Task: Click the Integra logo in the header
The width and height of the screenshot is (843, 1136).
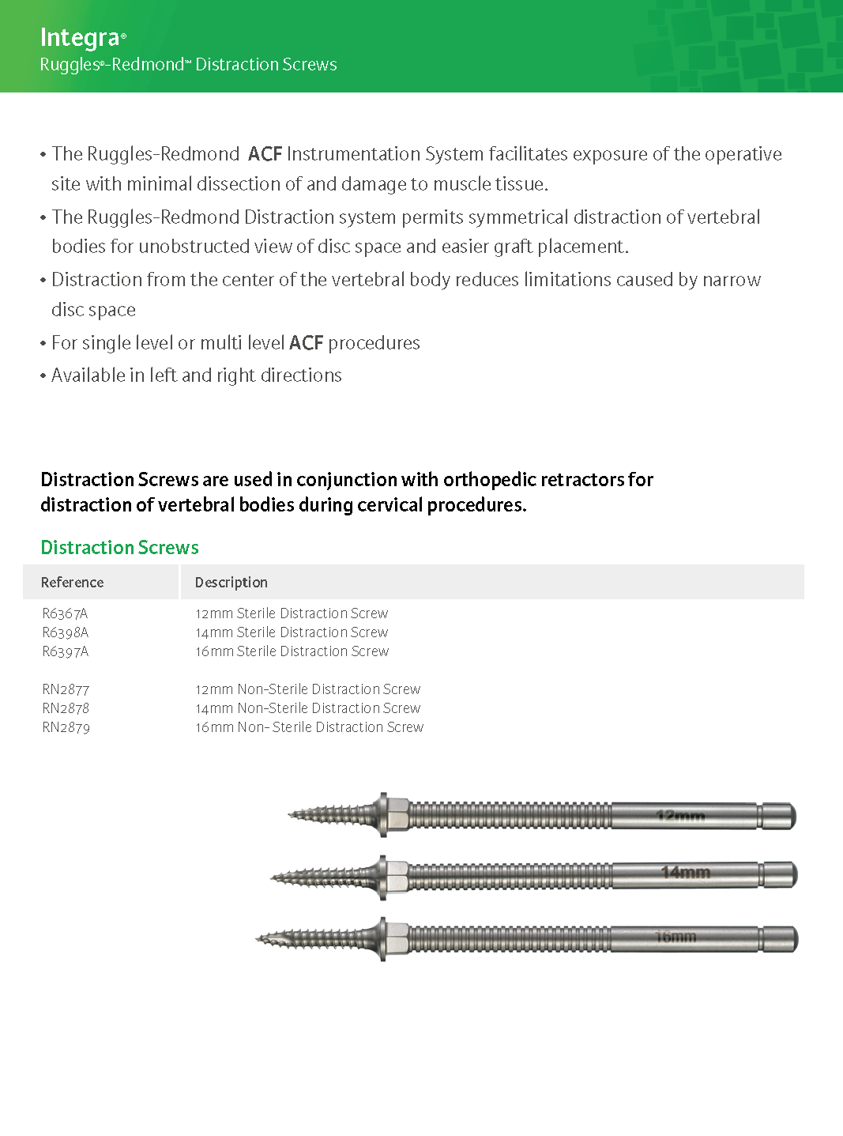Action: (x=81, y=37)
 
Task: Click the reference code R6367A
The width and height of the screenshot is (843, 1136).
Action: (x=65, y=613)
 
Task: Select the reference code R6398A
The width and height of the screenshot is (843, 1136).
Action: (x=65, y=632)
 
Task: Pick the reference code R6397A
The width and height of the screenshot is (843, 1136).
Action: (x=65, y=651)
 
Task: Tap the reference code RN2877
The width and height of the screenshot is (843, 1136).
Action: (x=66, y=689)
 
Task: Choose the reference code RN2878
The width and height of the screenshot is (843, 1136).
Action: (x=66, y=708)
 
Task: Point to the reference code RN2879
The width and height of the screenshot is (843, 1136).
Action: (x=66, y=727)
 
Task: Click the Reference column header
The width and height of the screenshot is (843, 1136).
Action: (x=72, y=583)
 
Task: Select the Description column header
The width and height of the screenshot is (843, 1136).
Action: (x=231, y=583)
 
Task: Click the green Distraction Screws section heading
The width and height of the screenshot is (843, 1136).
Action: (x=119, y=548)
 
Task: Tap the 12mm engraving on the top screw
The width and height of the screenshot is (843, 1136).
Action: (x=680, y=816)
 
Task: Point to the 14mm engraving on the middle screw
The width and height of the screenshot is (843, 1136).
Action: (x=685, y=873)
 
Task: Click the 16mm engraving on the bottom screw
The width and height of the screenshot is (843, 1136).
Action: (x=676, y=938)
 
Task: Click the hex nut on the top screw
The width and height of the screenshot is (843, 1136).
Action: (x=398, y=814)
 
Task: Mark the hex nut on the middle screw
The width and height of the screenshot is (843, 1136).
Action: (x=397, y=876)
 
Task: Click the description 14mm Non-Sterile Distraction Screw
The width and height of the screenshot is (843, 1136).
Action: (x=307, y=708)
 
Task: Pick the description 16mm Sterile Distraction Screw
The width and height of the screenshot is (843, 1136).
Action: (x=292, y=651)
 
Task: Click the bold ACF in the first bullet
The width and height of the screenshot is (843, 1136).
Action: (x=265, y=154)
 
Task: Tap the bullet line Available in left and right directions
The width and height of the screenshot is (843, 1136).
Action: (x=196, y=376)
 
